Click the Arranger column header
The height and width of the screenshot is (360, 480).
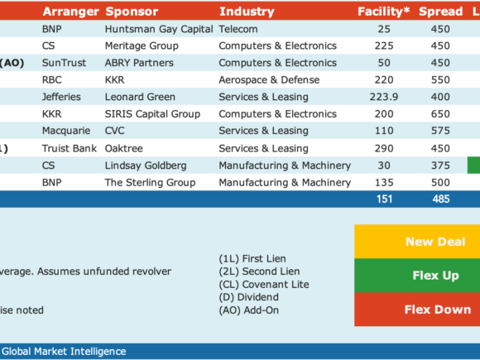coord(70,12)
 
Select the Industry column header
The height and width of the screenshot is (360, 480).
coord(247,12)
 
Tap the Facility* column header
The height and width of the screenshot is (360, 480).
coord(383,12)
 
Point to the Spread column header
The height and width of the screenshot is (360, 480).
coord(441,12)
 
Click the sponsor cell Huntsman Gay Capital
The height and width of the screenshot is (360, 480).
coord(159,30)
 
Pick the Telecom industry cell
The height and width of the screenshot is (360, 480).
coord(238,29)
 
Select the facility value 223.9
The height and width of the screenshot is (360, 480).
coord(384,97)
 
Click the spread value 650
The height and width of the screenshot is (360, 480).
coord(440,114)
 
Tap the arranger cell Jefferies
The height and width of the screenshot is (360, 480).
coord(61,97)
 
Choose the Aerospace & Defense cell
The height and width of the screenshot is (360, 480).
coord(269,80)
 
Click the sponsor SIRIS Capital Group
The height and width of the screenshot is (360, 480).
coord(152,114)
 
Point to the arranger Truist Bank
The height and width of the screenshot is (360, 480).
coord(70,148)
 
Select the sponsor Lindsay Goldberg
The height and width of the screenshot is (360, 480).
coord(146,166)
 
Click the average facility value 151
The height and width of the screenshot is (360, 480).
coord(384,199)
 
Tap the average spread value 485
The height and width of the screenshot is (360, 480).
coord(441,199)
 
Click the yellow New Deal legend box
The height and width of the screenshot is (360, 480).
coord(417,242)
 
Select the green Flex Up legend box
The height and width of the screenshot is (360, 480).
coord(417,276)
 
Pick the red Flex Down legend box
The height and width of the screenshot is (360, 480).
coord(417,310)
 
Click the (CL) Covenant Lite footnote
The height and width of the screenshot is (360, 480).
coord(264,285)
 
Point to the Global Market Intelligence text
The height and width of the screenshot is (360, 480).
coord(64,352)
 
